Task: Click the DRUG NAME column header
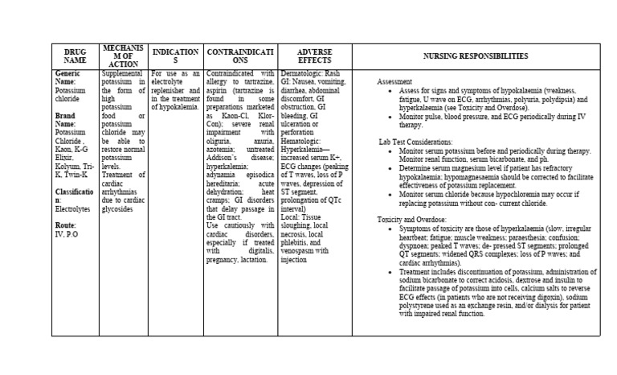(x=75, y=56)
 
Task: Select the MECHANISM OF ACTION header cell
(x=124, y=56)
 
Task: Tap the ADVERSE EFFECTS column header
(x=314, y=56)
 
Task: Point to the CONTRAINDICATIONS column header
(x=239, y=56)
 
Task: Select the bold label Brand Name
(x=67, y=120)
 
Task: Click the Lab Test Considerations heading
(x=417, y=141)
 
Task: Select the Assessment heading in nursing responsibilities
(x=394, y=82)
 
